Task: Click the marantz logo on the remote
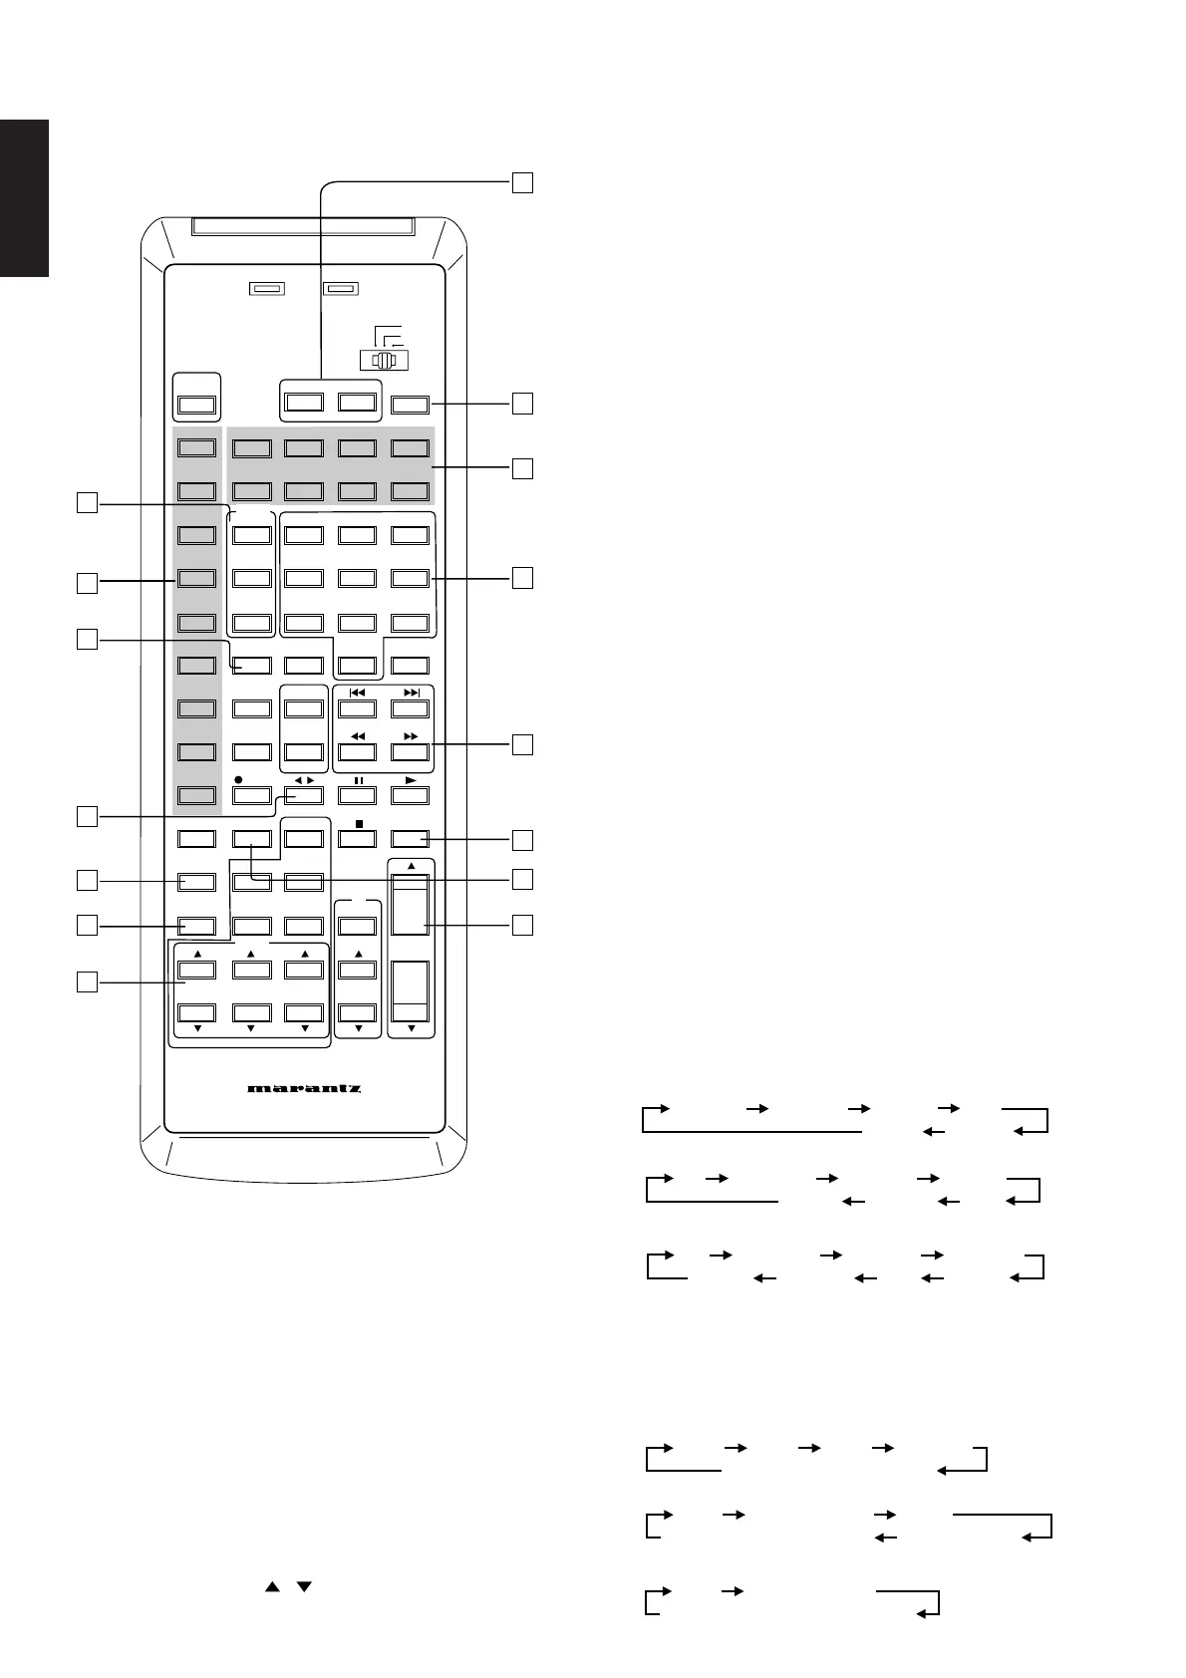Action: coord(304,1088)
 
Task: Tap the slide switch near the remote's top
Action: coord(384,362)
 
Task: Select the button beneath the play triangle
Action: coord(410,795)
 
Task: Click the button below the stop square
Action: coord(357,839)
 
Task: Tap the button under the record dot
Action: coord(251,795)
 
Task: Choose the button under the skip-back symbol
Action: coord(357,709)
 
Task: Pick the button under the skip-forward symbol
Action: coord(410,709)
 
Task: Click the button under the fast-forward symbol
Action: coord(410,752)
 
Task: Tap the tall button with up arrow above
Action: coord(410,904)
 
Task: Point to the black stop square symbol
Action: coord(357,824)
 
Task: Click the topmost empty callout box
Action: coord(522,182)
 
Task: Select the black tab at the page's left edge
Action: coord(24,198)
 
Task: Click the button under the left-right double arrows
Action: coord(304,795)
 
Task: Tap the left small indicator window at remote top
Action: coord(266,289)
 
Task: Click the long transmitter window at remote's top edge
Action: coord(304,228)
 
